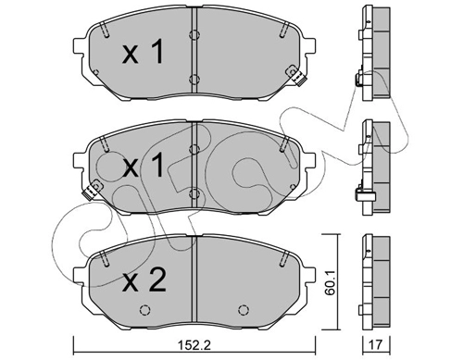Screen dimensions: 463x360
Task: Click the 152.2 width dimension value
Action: pos(194,344)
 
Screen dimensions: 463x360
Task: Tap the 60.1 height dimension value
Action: pos(331,282)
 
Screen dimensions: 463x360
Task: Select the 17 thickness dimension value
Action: pos(375,344)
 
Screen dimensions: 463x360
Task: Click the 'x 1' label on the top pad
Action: pos(143,53)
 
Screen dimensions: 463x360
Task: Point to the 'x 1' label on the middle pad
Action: pos(143,166)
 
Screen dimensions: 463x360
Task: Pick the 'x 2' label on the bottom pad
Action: pos(144,280)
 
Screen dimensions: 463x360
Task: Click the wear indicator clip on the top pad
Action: pos(295,76)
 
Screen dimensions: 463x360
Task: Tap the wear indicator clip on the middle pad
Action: pos(93,190)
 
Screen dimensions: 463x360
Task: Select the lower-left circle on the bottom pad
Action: pos(144,309)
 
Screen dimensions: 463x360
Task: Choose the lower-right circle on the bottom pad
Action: pos(244,309)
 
